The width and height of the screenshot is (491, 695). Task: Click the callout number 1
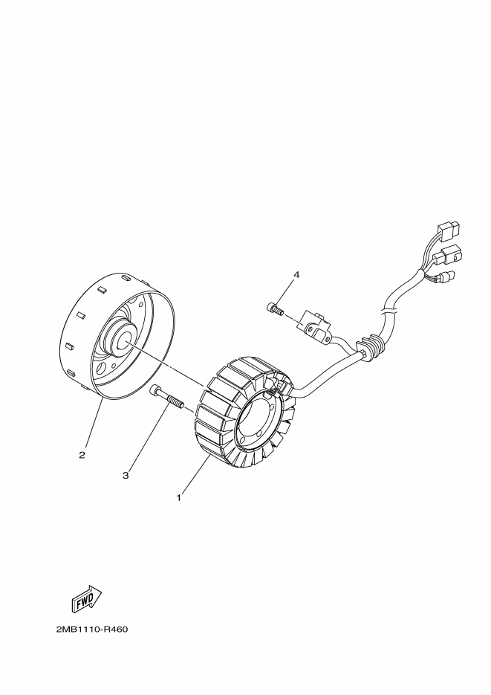pos(178,498)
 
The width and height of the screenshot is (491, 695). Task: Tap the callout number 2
pos(82,453)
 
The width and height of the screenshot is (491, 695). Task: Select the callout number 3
pos(126,474)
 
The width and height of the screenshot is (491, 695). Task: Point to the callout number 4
pos(296,275)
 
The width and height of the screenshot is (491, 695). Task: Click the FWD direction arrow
pos(86,598)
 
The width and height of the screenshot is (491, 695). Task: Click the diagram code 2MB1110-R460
pos(92,630)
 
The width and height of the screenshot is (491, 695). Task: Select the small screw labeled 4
pos(273,307)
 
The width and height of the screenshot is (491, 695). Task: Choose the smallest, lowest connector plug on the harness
pos(447,279)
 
